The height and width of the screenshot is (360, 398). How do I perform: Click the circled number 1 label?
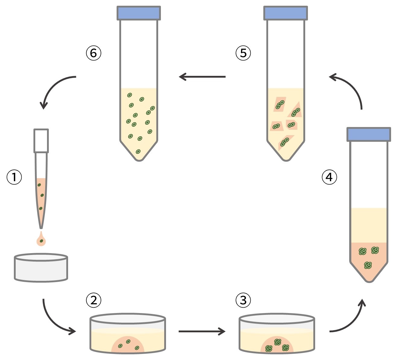tap(14, 177)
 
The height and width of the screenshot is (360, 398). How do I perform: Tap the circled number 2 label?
tap(93, 300)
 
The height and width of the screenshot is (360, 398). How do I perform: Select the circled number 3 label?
tap(243, 300)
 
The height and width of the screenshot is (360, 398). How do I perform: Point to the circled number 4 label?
tap(329, 177)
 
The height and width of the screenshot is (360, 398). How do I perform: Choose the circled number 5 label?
tap(243, 53)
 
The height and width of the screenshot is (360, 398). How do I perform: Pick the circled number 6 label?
tap(93, 53)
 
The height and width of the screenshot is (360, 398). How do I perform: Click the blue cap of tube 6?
tap(139, 13)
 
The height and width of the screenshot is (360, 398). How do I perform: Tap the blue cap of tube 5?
tap(285, 13)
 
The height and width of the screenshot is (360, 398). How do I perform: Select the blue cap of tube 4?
tap(369, 134)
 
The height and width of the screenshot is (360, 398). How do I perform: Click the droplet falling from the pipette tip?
tap(41, 240)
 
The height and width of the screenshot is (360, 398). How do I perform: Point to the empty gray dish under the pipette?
tap(41, 268)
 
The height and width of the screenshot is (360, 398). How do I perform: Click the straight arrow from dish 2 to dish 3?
tap(202, 331)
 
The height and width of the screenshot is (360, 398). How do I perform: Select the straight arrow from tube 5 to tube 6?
tap(202, 77)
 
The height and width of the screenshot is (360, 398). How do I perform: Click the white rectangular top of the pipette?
tap(41, 141)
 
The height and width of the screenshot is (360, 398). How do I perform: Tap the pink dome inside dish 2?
tap(128, 345)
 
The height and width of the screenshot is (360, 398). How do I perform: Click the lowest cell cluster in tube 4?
tap(368, 265)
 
